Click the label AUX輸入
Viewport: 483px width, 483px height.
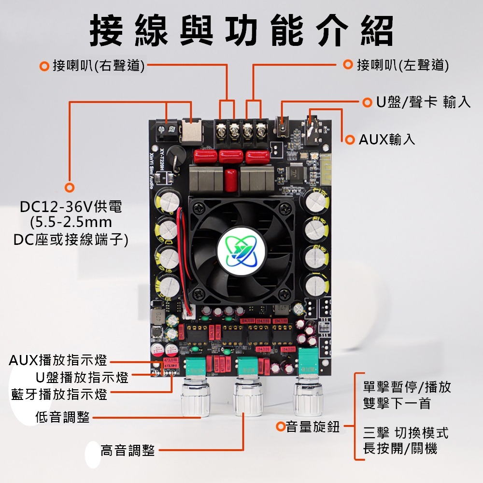tap(387, 140)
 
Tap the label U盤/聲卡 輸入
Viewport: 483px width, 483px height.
tap(423, 102)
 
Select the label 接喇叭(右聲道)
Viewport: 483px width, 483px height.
tap(99, 66)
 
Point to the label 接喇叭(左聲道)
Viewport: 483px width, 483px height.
tap(403, 65)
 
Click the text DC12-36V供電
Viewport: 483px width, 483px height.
tap(71, 207)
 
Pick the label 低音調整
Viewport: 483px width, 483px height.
tap(62, 417)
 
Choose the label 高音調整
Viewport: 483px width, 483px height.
tap(128, 450)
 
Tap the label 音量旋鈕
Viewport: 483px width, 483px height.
tap(313, 427)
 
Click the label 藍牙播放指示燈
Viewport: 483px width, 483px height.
tap(59, 395)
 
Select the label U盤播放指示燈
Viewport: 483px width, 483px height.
tap(82, 377)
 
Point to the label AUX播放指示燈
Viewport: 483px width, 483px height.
tap(58, 360)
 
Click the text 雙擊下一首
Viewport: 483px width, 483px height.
tap(397, 403)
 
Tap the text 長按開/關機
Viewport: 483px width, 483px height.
tap(400, 449)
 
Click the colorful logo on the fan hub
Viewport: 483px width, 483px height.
tap(241, 252)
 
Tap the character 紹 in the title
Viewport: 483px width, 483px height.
tap(377, 31)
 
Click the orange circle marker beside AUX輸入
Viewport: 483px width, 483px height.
tap(349, 140)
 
